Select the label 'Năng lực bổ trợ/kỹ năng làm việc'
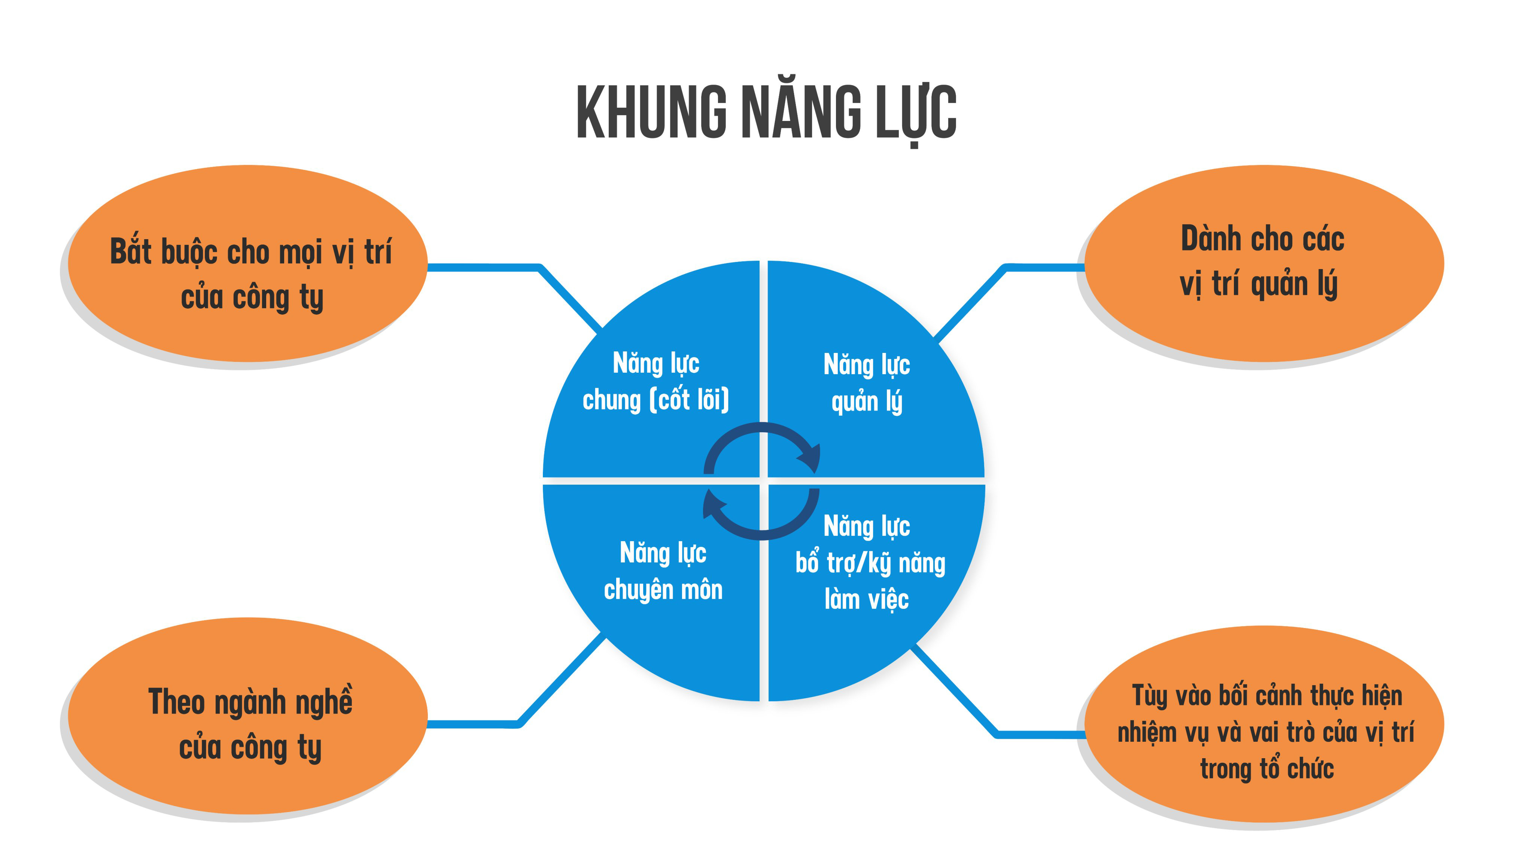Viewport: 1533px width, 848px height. coord(869,562)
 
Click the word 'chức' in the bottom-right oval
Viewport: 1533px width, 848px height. coord(1310,769)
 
